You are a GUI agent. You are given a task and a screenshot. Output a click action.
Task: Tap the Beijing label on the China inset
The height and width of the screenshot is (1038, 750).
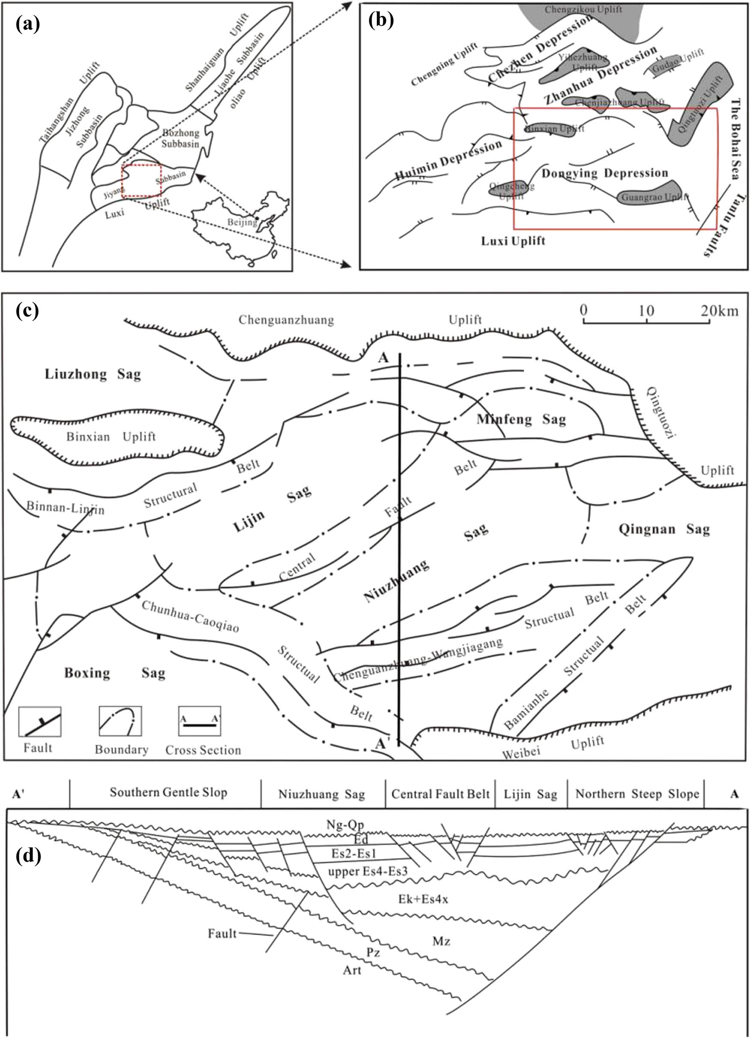pos(243,223)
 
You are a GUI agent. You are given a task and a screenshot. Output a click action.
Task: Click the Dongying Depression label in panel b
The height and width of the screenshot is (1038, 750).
pos(605,173)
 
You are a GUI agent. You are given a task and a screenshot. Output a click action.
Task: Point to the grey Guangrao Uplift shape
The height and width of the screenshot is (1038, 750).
pos(649,193)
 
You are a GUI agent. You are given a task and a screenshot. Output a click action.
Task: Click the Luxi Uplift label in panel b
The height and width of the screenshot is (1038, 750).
pos(513,241)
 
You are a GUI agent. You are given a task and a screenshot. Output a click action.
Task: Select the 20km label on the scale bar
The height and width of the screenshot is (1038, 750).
pos(720,311)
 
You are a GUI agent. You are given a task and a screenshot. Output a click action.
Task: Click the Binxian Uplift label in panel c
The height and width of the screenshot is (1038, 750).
pos(111,436)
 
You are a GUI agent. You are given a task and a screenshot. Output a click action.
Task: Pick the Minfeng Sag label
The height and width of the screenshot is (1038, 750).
pos(521,419)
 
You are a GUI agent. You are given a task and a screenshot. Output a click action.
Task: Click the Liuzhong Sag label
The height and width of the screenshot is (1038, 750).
pos(93,374)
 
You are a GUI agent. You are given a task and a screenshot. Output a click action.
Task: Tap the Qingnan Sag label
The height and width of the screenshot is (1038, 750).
pos(664,530)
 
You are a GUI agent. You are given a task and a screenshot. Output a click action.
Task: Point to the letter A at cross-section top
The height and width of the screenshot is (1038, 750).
pos(383,358)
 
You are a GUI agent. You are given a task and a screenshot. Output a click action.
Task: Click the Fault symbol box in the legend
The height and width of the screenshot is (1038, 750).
pos(40,722)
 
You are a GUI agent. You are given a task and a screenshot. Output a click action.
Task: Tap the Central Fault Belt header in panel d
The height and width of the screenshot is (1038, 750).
pos(440,794)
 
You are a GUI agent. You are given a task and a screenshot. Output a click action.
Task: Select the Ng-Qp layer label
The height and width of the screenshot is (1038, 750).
pos(345,825)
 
